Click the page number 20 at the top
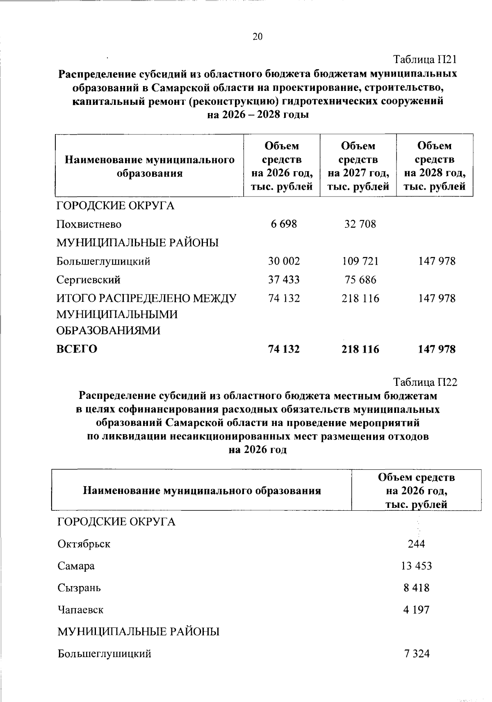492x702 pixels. click(257, 37)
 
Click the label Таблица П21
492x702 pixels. click(425, 60)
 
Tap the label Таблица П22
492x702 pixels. click(425, 383)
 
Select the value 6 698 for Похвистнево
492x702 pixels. click(284, 224)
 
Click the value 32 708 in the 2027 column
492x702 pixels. click(360, 224)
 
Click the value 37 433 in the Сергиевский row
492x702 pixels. click(284, 280)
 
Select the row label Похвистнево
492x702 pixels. click(89, 224)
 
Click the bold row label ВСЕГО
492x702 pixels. click(77, 349)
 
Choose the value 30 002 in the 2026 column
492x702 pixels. click(284, 261)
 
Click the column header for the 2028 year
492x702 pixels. click(435, 166)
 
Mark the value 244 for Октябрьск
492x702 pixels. click(416, 544)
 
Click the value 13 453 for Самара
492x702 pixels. click(416, 566)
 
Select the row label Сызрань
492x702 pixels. click(79, 588)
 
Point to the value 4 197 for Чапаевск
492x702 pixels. click(416, 610)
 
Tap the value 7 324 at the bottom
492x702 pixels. click(416, 654)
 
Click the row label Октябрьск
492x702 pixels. click(84, 544)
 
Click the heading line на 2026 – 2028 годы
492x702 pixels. click(257, 115)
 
